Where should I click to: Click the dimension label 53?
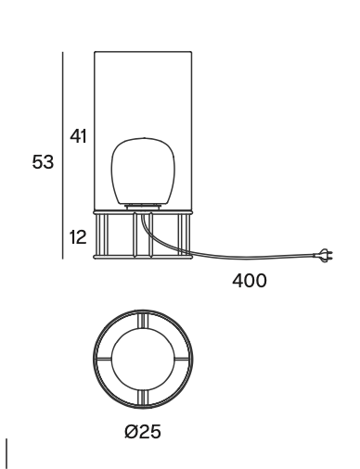[x=43, y=162]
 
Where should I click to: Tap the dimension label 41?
[x=78, y=136]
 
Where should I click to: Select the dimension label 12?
[x=78, y=237]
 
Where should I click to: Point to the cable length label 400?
[x=249, y=281]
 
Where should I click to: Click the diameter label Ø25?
[x=143, y=431]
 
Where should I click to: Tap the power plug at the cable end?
[x=324, y=255]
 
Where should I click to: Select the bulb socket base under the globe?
[x=143, y=207]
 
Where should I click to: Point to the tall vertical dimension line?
[x=63, y=155]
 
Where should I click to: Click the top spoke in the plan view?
[x=143, y=320]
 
